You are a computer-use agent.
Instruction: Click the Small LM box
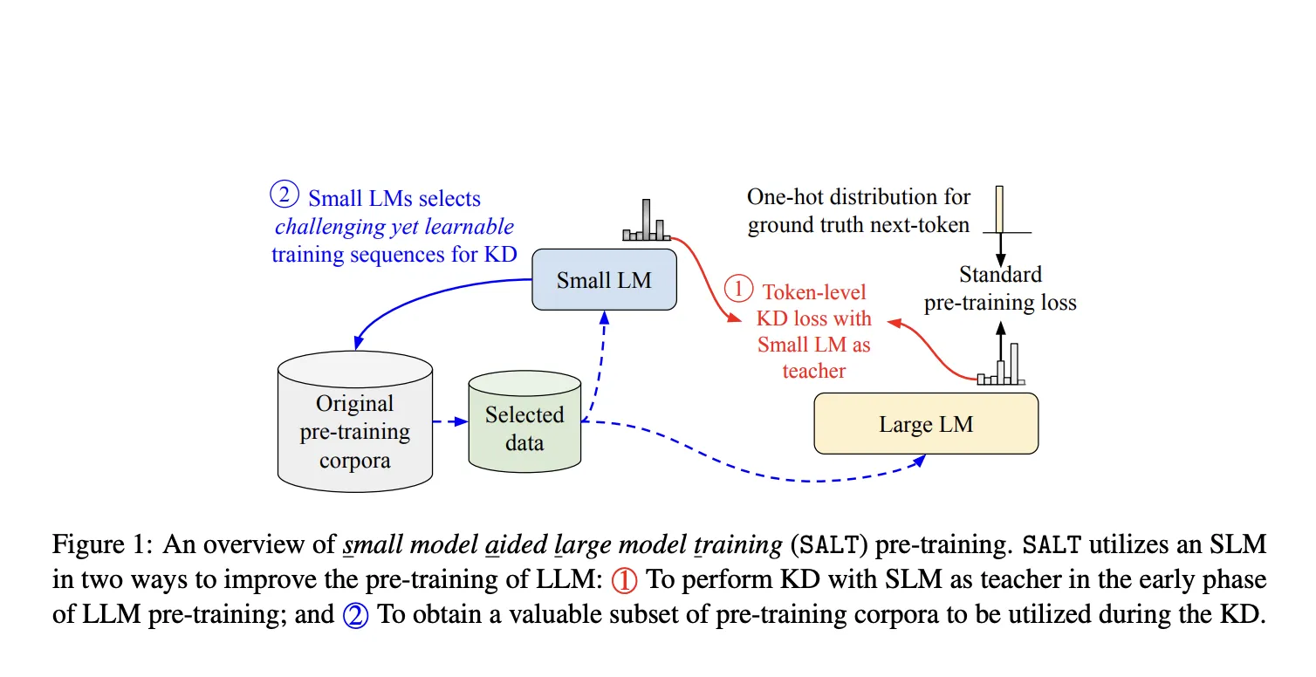pos(604,279)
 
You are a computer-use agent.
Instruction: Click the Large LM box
pos(925,424)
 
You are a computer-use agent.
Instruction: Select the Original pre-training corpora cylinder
pos(354,419)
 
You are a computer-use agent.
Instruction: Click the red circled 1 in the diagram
pos(738,289)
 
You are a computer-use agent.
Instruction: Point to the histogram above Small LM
pos(646,222)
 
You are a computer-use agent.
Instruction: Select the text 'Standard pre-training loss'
pos(1000,289)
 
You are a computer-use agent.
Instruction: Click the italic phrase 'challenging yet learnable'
pos(394,227)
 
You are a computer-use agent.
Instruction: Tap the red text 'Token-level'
pos(814,292)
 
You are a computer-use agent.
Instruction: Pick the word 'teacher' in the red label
pos(813,371)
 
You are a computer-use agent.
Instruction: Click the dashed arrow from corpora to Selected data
pos(450,422)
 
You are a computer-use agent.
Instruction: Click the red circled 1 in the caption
pos(624,580)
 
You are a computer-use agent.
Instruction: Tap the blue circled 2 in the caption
pos(355,614)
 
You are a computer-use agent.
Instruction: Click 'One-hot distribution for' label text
pos(859,197)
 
